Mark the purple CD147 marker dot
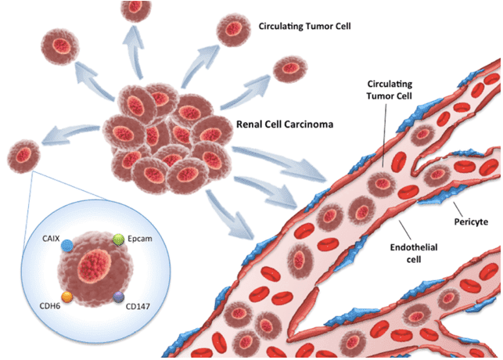118,297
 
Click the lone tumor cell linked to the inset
23,155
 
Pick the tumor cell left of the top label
233,30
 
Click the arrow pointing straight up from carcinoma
141,63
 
